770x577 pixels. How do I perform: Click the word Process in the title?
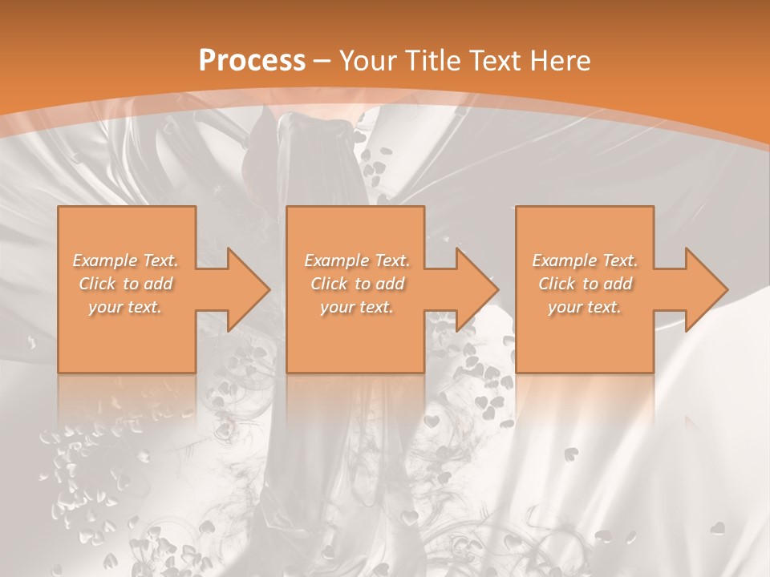click(x=252, y=61)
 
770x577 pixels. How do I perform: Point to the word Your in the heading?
click(x=369, y=61)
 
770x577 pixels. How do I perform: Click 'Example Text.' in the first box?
click(x=126, y=260)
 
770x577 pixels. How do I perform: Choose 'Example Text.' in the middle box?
click(x=357, y=260)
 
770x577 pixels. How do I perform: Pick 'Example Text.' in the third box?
click(x=585, y=260)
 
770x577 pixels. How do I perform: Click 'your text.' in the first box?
click(x=126, y=307)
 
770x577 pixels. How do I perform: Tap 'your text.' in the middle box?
click(x=357, y=307)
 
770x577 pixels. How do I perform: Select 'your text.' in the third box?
click(x=585, y=307)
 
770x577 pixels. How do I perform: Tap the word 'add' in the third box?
click(x=618, y=284)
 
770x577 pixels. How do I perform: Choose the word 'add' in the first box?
click(x=159, y=284)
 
